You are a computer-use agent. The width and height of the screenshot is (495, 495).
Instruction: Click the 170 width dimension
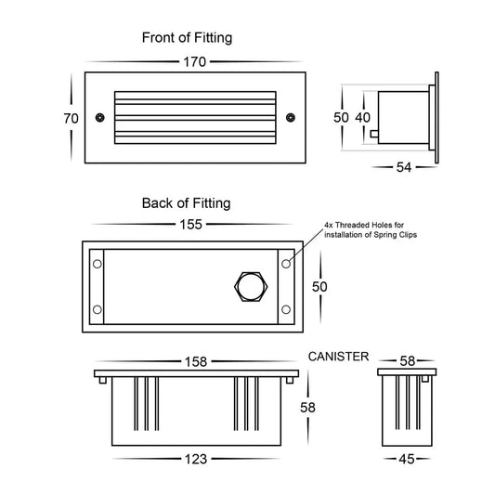[x=194, y=62]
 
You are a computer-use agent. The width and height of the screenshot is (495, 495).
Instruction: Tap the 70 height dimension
[x=71, y=119]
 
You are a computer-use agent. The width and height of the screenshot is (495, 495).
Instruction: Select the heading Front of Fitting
[x=187, y=37]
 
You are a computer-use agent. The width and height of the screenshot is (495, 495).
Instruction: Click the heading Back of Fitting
[x=187, y=203]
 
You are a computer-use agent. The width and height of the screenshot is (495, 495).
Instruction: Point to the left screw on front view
[x=99, y=117]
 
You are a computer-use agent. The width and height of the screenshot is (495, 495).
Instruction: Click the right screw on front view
[x=291, y=117]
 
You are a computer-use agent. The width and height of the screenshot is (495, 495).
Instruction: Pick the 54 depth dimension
[x=404, y=167]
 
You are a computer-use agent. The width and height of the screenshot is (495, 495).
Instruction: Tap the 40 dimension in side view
[x=363, y=118]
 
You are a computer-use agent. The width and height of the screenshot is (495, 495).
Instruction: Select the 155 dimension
[x=190, y=225]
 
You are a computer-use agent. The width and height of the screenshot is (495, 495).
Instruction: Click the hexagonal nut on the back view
[x=251, y=287]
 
